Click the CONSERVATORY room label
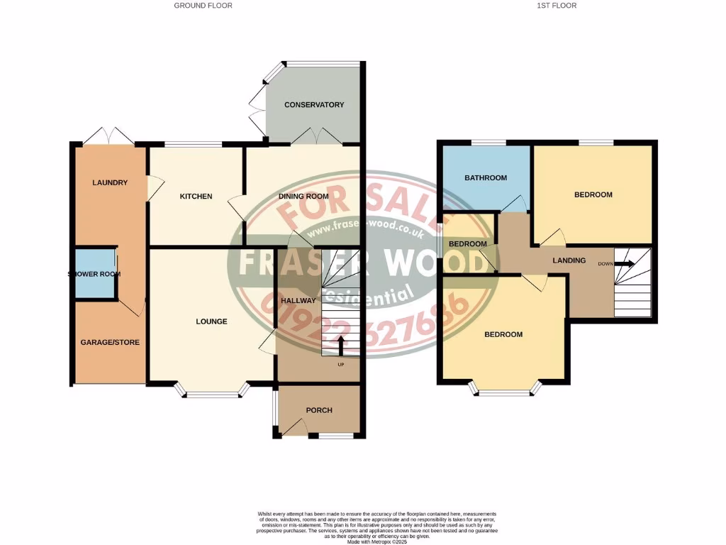click(x=314, y=105)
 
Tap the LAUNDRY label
click(x=110, y=183)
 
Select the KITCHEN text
click(x=196, y=197)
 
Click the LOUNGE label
click(x=211, y=321)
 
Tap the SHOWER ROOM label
click(x=94, y=274)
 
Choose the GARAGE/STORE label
click(x=110, y=342)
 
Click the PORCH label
click(x=319, y=410)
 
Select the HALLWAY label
click(x=298, y=301)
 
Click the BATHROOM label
click(x=486, y=177)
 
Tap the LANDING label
click(x=569, y=260)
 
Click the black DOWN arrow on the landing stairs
click(x=624, y=264)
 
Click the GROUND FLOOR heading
click(x=203, y=6)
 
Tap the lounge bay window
click(x=212, y=392)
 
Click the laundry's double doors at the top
click(x=106, y=136)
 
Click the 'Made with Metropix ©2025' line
click(x=377, y=541)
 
